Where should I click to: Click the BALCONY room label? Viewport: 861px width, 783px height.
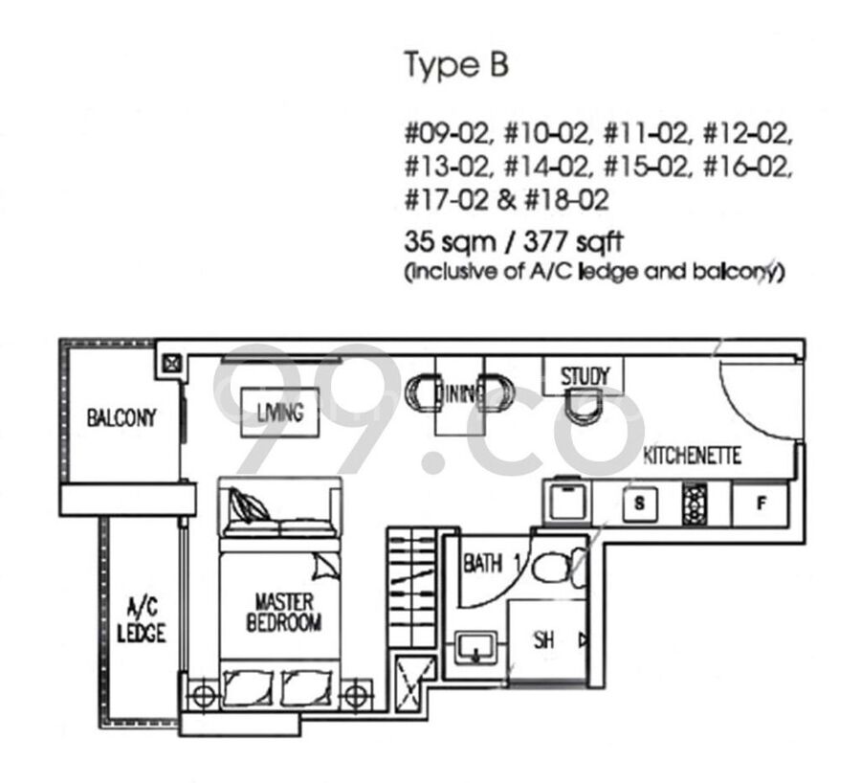pyautogui.click(x=121, y=418)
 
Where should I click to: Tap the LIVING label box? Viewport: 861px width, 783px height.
pyautogui.click(x=280, y=413)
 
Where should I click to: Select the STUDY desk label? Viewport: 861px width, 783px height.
pyautogui.click(x=585, y=376)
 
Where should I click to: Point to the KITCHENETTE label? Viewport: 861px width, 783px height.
pyautogui.click(x=692, y=456)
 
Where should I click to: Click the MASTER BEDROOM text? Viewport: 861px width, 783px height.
pyautogui.click(x=284, y=612)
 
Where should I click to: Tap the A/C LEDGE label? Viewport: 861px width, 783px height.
pyautogui.click(x=142, y=620)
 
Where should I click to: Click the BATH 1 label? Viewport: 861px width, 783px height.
pyautogui.click(x=492, y=564)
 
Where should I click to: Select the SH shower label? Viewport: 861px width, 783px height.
pyautogui.click(x=543, y=639)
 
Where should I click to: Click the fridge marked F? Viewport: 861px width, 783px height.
pyautogui.click(x=761, y=503)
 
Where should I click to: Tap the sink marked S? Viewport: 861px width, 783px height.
pyautogui.click(x=640, y=503)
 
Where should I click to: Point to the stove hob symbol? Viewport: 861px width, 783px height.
pyautogui.click(x=695, y=503)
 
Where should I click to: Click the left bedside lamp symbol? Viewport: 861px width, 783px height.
pyautogui.click(x=204, y=695)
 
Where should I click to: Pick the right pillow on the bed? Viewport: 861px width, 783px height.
pyautogui.click(x=306, y=687)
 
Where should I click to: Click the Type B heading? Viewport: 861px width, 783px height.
pyautogui.click(x=456, y=65)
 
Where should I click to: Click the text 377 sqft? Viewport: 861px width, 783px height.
pyautogui.click(x=573, y=241)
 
